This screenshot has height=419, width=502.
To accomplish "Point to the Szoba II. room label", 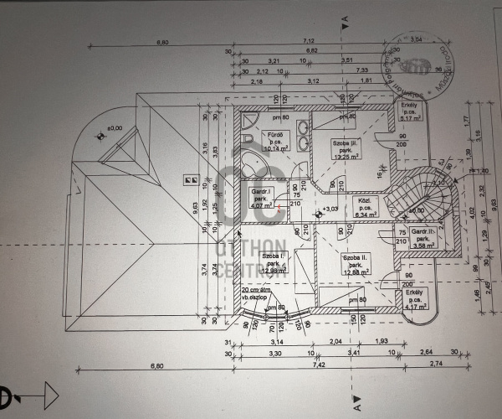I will click(x=356, y=264).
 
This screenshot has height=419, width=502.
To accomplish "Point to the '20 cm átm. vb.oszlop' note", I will click(x=256, y=293).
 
